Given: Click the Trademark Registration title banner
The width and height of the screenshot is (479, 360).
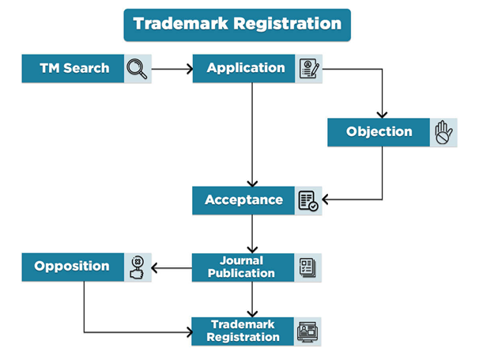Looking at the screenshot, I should (237, 23).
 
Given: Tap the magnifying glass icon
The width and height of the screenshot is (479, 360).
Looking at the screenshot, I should (138, 70).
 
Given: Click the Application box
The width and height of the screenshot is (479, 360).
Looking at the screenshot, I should (244, 69).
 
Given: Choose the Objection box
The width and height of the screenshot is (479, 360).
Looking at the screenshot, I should (379, 132).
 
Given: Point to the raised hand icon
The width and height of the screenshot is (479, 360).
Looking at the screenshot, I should (443, 132).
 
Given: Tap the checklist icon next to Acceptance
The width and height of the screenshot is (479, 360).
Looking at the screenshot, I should (308, 201).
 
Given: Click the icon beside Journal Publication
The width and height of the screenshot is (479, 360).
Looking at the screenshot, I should (308, 267).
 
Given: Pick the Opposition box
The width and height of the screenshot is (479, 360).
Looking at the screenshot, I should (72, 267).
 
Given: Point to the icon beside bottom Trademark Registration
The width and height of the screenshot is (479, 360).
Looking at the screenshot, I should (308, 332).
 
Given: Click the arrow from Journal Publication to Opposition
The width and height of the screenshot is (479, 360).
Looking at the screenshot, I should (172, 267).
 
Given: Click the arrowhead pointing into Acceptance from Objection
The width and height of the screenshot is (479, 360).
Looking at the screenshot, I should (326, 200).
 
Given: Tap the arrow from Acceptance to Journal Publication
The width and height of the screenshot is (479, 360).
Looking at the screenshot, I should (252, 233).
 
